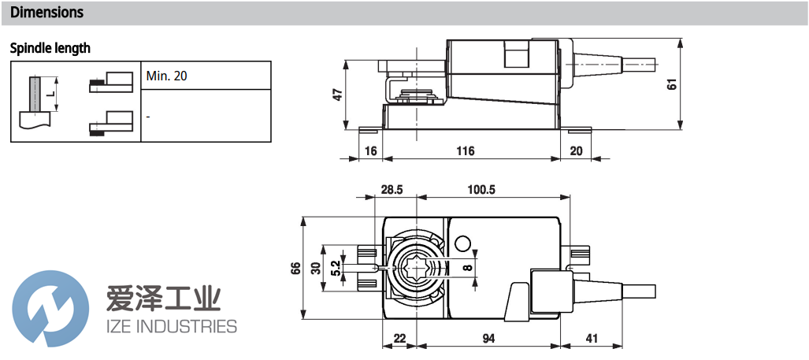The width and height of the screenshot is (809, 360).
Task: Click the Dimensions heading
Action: coord(46,13)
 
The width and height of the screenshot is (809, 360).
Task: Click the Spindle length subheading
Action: coord(50,48)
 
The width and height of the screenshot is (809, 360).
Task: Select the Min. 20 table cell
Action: coord(167,76)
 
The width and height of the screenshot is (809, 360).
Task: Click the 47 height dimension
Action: coord(337,95)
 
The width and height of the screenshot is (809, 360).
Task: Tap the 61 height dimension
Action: coord(672,84)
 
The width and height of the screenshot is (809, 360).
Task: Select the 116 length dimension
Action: coord(466,150)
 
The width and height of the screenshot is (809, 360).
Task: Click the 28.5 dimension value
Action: coord(392,190)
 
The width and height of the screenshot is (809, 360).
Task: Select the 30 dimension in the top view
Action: coord(316,268)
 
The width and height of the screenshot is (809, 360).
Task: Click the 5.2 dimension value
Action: coord(336,268)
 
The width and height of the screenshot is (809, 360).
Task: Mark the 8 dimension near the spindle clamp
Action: coord(467,268)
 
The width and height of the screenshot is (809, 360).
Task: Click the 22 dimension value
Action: coord(400,338)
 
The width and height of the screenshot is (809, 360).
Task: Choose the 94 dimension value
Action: coord(489,338)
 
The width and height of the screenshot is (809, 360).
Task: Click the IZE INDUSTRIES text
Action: coord(171,326)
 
